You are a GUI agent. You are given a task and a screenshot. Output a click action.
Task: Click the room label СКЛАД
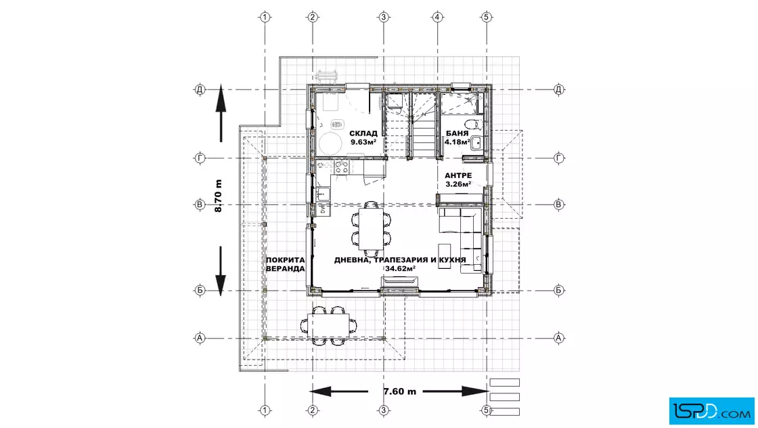(363, 133)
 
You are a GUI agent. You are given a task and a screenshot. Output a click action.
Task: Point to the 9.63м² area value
(363, 142)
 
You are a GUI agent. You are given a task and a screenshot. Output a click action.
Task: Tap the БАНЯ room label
(457, 133)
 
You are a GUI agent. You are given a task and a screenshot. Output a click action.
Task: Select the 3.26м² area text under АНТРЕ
(458, 184)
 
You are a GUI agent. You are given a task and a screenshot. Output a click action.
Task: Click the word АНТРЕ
(458, 175)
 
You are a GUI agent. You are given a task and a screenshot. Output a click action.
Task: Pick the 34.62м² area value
(400, 268)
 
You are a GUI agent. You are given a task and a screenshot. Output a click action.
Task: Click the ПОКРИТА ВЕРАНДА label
(285, 264)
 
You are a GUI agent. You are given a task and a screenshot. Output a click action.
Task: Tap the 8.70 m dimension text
(218, 196)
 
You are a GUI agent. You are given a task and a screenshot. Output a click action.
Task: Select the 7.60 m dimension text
(400, 391)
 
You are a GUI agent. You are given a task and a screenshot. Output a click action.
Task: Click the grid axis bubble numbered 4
(437, 18)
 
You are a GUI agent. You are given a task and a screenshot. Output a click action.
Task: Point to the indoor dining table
(371, 229)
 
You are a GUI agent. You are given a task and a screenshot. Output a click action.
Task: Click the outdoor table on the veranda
(328, 326)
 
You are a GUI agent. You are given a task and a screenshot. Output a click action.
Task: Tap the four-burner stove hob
(341, 167)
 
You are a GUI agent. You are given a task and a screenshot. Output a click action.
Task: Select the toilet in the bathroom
(474, 125)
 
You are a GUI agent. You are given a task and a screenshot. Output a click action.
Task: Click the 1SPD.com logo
(711, 411)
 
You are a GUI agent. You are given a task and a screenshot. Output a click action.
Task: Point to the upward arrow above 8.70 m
(221, 113)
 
